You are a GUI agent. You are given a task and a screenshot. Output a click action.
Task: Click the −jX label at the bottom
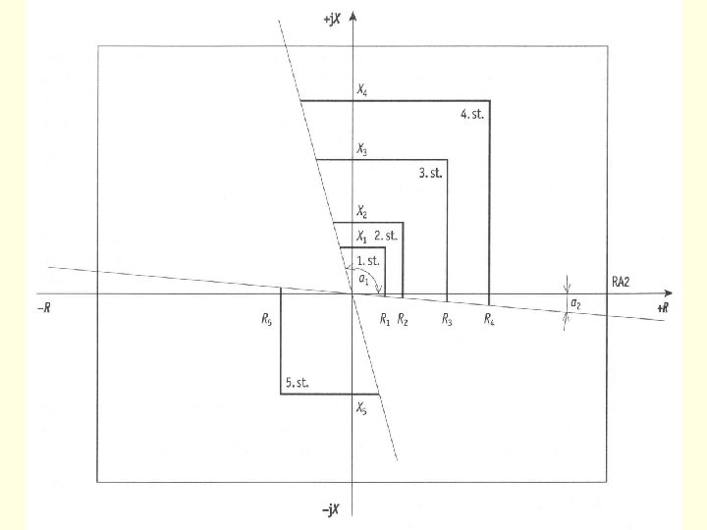(x=331, y=510)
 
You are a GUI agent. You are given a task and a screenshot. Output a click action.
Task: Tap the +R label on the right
(x=663, y=308)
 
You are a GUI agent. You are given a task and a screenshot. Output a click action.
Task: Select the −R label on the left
(x=43, y=308)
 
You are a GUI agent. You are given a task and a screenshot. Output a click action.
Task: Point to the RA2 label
(x=621, y=282)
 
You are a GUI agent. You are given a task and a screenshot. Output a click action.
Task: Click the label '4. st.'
(x=474, y=114)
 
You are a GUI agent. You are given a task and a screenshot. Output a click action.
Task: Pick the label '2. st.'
(x=386, y=236)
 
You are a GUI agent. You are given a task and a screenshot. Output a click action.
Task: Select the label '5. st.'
(x=298, y=382)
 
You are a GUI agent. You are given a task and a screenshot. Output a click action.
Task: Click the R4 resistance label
(x=489, y=318)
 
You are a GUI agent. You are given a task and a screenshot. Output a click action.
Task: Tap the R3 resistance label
(x=447, y=318)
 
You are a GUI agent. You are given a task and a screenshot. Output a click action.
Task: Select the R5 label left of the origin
(x=267, y=318)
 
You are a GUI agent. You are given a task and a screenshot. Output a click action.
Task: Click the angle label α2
(x=575, y=305)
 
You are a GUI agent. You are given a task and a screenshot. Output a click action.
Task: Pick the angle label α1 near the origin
(x=363, y=280)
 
